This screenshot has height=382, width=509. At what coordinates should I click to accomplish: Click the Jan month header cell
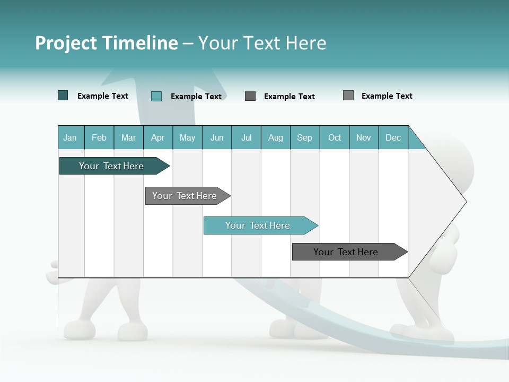coord(70,137)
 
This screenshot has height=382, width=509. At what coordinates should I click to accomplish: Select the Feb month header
coord(99,137)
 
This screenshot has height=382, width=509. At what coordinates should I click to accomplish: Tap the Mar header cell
coord(128,137)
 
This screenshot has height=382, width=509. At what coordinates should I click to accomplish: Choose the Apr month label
coord(157,137)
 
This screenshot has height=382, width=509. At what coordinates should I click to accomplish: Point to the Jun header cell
coord(217,137)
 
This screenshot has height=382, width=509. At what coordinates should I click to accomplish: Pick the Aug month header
coord(275,137)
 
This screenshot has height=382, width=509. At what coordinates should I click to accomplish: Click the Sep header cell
coord(304,137)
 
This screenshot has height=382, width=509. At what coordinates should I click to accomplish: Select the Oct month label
coord(335,137)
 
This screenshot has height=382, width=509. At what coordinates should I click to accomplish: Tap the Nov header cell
coord(364,137)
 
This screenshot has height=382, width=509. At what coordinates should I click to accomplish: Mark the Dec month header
coord(393,137)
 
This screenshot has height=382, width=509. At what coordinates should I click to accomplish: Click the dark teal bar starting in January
coord(111,166)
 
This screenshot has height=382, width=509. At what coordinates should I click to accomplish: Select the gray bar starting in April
coord(185,196)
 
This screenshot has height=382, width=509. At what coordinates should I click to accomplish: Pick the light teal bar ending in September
coord(258,225)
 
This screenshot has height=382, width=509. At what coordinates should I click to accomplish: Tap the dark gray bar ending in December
coord(346,252)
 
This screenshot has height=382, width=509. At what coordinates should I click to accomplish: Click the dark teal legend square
coord(63,95)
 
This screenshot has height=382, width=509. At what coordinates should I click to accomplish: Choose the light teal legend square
coord(156,96)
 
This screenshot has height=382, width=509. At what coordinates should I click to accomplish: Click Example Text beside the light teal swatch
coord(196,97)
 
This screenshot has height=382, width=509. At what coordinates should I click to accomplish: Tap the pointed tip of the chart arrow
coord(466,202)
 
